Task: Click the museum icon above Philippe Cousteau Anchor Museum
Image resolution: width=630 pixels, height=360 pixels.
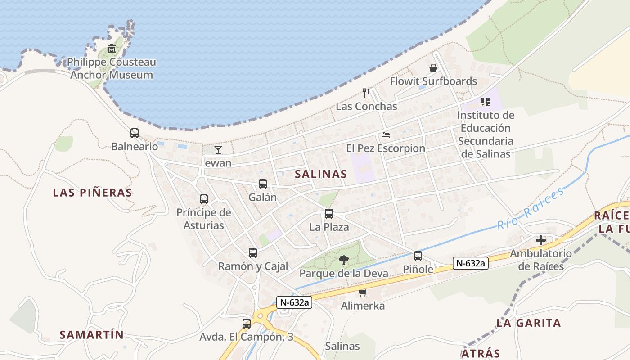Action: pyautogui.click(x=112, y=49)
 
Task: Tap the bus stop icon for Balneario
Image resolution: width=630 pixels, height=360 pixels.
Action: pyautogui.click(x=135, y=133)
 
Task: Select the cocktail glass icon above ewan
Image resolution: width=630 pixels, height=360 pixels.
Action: pyautogui.click(x=218, y=150)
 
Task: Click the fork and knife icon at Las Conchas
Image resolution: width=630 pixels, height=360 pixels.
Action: pyautogui.click(x=366, y=93)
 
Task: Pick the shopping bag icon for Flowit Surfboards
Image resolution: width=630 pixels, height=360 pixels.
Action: pyautogui.click(x=433, y=68)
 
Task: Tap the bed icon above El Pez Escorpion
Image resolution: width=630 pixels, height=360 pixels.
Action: pyautogui.click(x=386, y=135)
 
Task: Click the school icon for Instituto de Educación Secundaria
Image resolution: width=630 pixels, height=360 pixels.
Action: pyautogui.click(x=485, y=101)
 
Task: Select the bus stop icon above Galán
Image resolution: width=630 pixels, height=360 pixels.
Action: pyautogui.click(x=263, y=184)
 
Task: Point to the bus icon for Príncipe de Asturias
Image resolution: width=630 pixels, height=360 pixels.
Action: pyautogui.click(x=204, y=199)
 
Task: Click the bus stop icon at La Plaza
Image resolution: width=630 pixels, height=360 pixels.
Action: pyautogui.click(x=329, y=214)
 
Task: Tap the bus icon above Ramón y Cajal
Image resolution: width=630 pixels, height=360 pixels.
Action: pyautogui.click(x=253, y=253)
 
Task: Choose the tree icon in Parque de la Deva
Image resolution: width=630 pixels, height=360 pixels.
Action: pyautogui.click(x=344, y=260)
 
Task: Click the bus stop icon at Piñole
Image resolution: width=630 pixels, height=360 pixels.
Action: pyautogui.click(x=418, y=256)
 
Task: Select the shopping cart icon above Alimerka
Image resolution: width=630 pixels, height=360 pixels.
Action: pyautogui.click(x=362, y=292)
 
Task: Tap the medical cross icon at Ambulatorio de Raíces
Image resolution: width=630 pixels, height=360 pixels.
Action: pyautogui.click(x=541, y=240)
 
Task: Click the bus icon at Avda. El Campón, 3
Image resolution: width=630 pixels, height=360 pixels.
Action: pyautogui.click(x=246, y=323)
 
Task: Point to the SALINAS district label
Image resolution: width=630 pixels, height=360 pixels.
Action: pyautogui.click(x=321, y=174)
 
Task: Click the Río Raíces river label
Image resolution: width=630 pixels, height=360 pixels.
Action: pyautogui.click(x=531, y=209)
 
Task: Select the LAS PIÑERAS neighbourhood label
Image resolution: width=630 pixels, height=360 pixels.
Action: pyautogui.click(x=93, y=193)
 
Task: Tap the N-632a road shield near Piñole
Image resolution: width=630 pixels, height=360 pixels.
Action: pyautogui.click(x=470, y=263)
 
